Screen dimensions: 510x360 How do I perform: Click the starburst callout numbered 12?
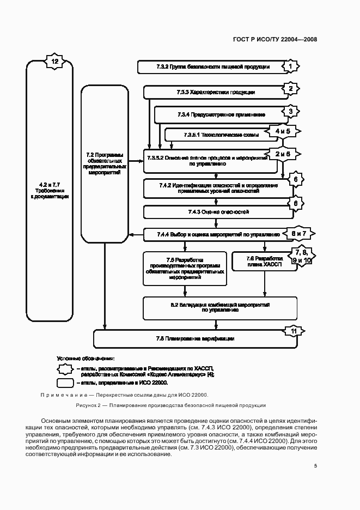pyautogui.click(x=54, y=62)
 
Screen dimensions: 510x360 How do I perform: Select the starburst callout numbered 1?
pyautogui.click(x=291, y=66)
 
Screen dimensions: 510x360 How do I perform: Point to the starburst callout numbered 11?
pyautogui.click(x=294, y=331)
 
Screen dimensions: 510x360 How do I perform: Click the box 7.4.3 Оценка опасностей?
pyautogui.click(x=215, y=212)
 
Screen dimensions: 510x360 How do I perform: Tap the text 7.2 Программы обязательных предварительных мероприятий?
pyautogui.click(x=103, y=163)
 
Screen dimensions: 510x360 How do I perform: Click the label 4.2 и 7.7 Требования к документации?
pyautogui.click(x=49, y=191)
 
